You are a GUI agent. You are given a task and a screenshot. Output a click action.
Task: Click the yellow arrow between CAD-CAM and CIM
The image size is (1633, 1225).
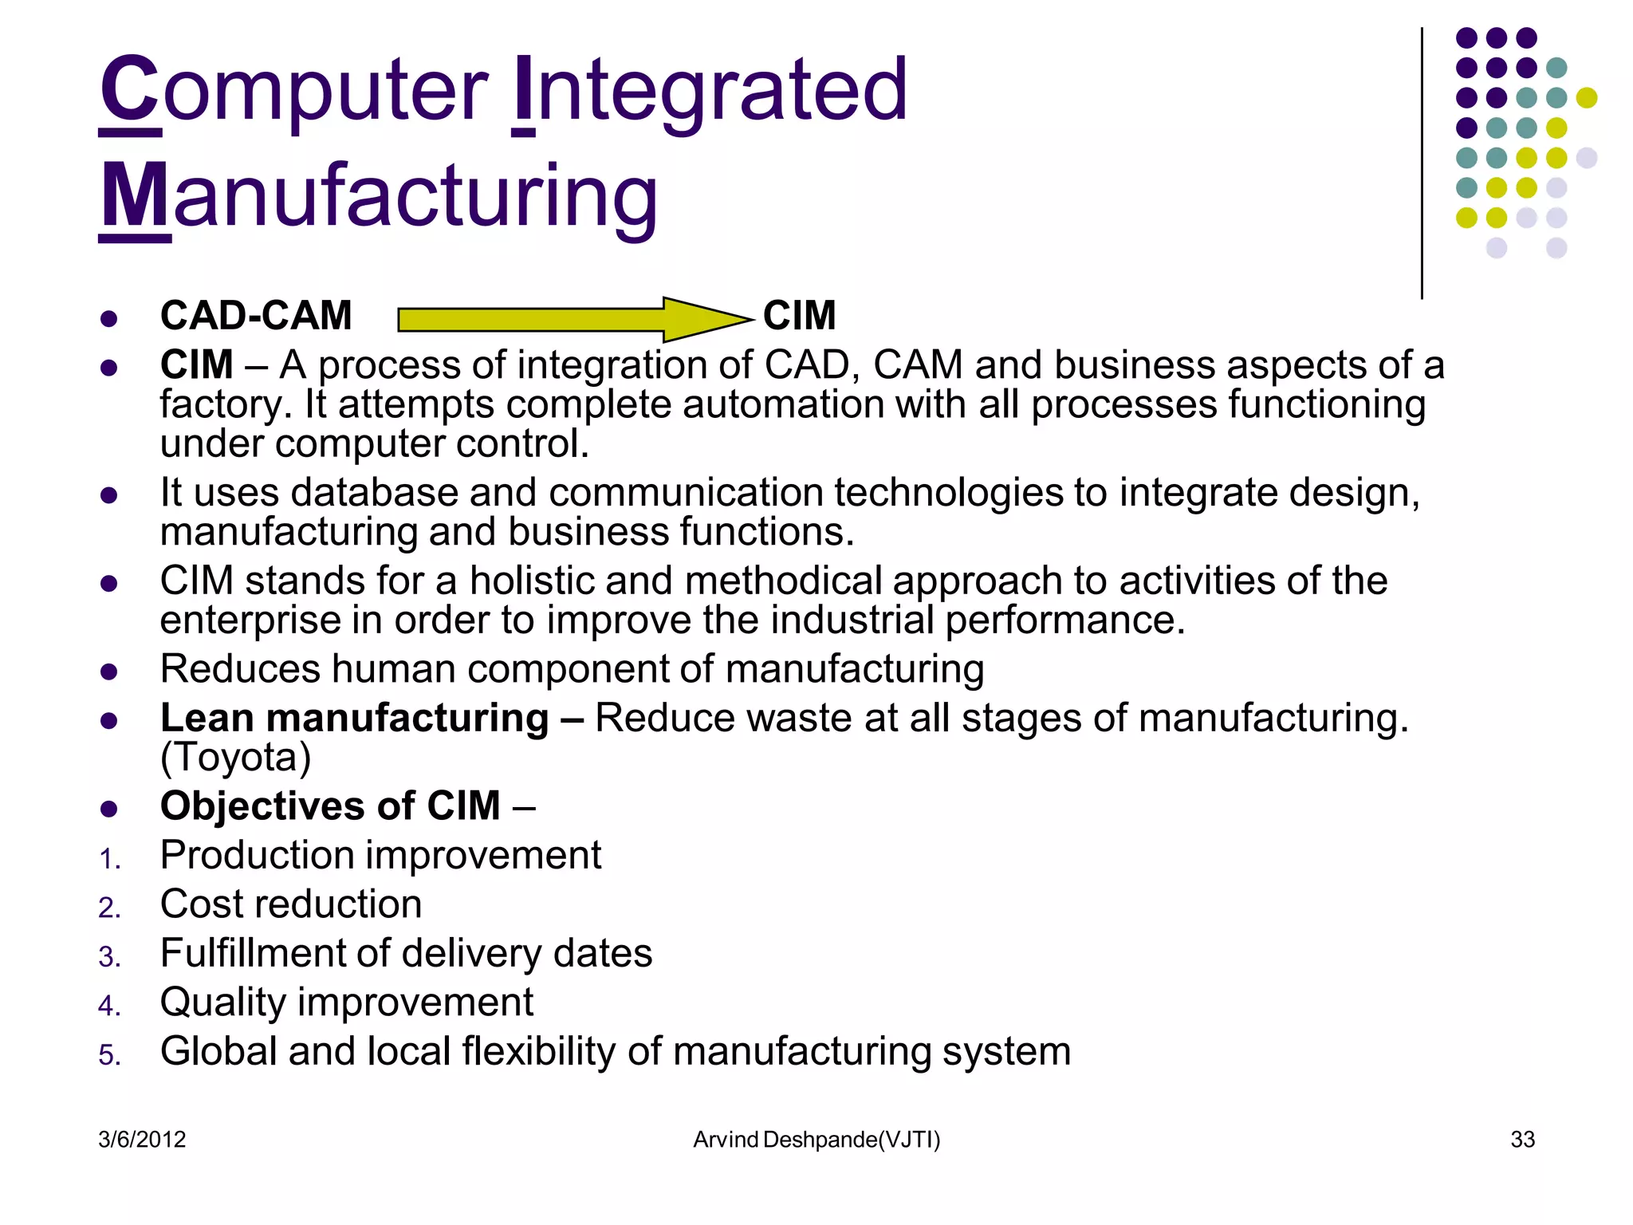574,319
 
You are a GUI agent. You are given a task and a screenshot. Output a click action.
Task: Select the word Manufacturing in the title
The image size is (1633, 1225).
379,195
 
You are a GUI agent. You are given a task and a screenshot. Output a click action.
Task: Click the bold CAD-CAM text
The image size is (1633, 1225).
256,315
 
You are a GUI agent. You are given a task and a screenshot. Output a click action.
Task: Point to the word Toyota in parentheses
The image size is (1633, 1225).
236,757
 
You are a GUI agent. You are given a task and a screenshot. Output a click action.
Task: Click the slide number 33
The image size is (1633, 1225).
1522,1139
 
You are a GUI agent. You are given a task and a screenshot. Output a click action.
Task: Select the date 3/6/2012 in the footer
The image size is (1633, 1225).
142,1139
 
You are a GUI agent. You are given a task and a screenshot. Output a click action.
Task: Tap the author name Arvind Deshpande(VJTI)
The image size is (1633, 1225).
816,1139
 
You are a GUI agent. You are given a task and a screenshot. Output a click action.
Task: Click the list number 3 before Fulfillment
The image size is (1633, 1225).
109,957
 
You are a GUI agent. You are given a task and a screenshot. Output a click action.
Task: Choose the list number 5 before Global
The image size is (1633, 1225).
109,1055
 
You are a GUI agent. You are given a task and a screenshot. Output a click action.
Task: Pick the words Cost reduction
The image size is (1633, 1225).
291,904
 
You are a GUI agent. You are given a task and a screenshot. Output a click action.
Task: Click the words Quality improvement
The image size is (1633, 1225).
347,1002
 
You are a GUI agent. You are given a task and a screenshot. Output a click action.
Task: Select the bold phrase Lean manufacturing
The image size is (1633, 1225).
355,718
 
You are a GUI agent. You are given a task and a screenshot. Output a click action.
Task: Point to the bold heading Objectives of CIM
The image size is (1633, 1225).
330,806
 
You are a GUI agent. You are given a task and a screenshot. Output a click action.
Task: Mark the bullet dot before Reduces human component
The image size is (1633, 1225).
109,672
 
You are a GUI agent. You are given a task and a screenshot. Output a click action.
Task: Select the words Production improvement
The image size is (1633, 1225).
381,855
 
